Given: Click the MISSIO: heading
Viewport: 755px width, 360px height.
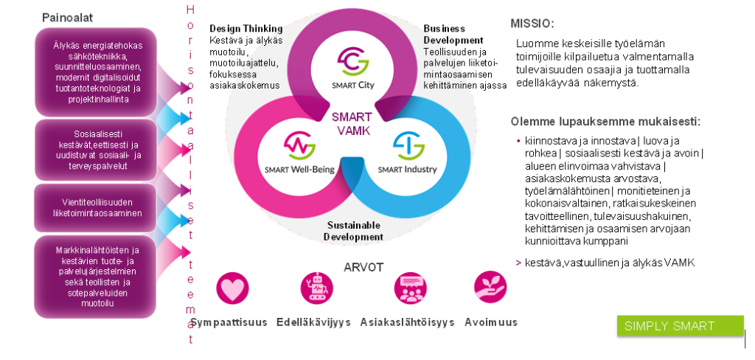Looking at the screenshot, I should [532, 24].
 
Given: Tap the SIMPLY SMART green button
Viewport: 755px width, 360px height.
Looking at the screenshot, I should [669, 326].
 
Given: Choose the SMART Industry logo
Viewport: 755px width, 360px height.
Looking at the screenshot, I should [407, 150].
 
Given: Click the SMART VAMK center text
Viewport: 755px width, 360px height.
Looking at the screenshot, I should [351, 124].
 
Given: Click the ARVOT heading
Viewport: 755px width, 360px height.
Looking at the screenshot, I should [363, 266].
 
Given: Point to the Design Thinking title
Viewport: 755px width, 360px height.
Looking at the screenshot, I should [245, 28].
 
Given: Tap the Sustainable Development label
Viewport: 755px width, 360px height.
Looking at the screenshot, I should [353, 230].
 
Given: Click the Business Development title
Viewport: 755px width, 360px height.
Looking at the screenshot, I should [453, 34].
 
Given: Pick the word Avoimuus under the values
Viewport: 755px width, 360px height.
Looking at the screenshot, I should [490, 322].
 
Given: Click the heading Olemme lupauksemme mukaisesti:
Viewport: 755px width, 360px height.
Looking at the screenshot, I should [605, 121].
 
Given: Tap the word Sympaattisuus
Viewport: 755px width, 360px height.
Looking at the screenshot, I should [229, 322].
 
